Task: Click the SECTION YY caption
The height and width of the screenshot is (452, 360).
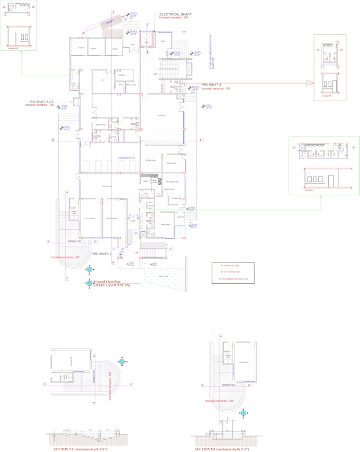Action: click(80, 449)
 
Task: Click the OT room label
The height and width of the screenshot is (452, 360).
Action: click(103, 79)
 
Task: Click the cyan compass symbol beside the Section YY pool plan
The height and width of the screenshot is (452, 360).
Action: click(122, 362)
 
